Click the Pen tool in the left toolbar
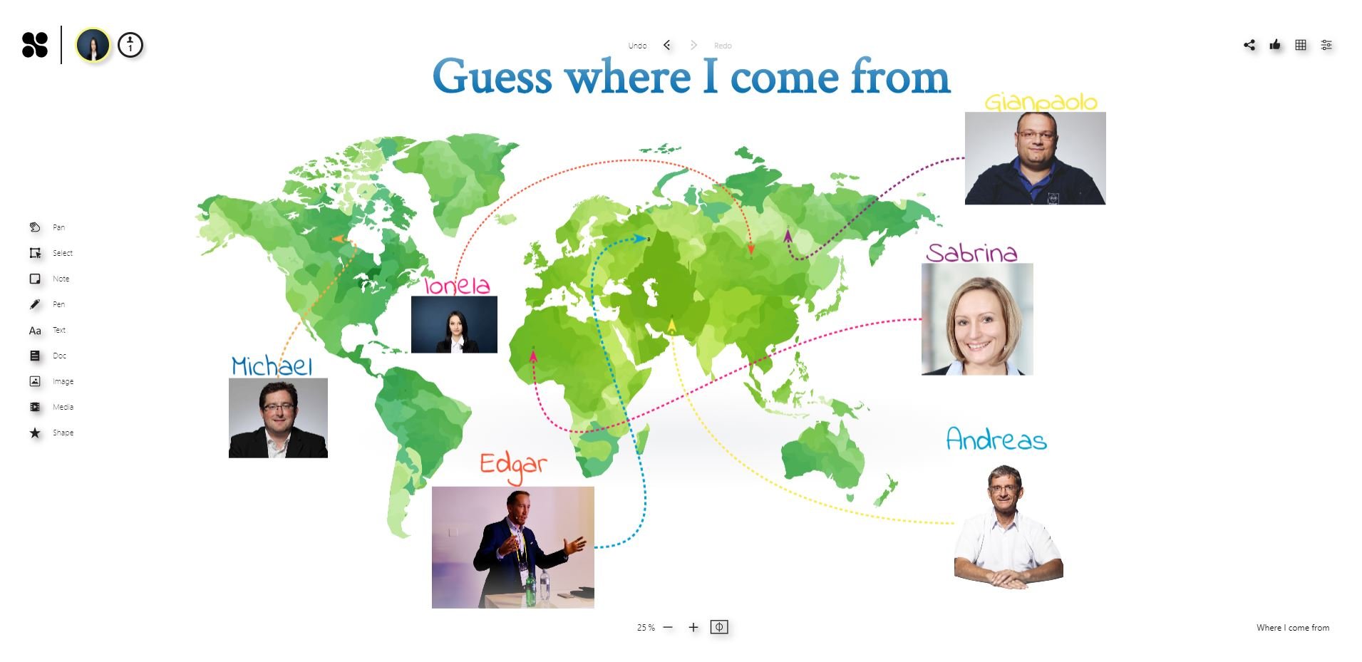point(35,304)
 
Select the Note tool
point(35,279)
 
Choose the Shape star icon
point(35,433)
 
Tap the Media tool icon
point(35,407)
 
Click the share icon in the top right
point(1249,45)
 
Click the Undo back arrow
point(667,45)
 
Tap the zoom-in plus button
point(693,627)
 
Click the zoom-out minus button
point(668,627)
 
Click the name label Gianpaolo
point(1041,103)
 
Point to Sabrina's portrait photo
point(977,319)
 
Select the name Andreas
point(996,439)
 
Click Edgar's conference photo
point(512,547)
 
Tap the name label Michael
point(272,366)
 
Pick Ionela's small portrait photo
point(454,324)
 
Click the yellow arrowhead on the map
point(671,326)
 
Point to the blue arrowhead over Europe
point(641,239)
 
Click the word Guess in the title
point(492,77)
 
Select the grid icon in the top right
point(1301,45)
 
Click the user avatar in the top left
point(93,45)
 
